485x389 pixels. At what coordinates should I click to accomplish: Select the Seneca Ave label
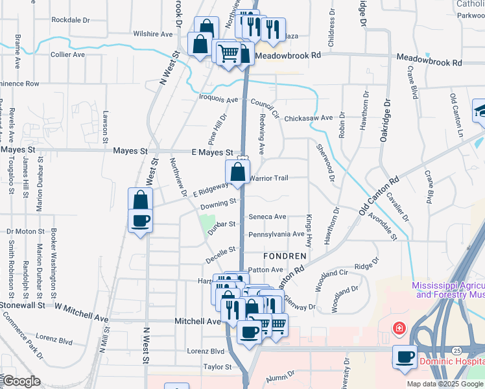(267, 217)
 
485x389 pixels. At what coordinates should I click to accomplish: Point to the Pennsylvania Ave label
(276, 234)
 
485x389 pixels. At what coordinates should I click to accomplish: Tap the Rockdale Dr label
(70, 20)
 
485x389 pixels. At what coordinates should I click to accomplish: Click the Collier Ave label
(68, 54)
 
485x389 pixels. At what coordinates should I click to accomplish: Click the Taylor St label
(218, 367)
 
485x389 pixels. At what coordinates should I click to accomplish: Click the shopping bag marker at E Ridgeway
(238, 172)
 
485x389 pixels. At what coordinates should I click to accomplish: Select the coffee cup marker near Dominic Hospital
(406, 357)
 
